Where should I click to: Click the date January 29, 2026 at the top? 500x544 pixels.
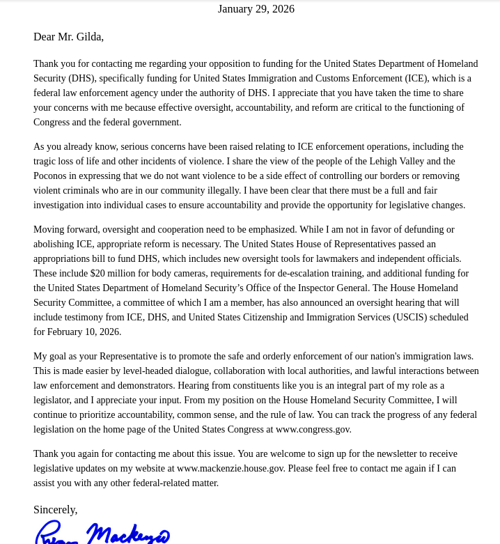click(256, 9)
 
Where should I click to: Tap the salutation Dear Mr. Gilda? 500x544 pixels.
click(68, 37)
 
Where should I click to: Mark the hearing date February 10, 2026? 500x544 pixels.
click(85, 332)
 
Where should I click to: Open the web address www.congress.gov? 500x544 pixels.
click(313, 430)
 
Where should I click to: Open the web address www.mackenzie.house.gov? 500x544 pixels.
click(231, 469)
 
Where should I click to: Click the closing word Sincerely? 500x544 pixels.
click(55, 510)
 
